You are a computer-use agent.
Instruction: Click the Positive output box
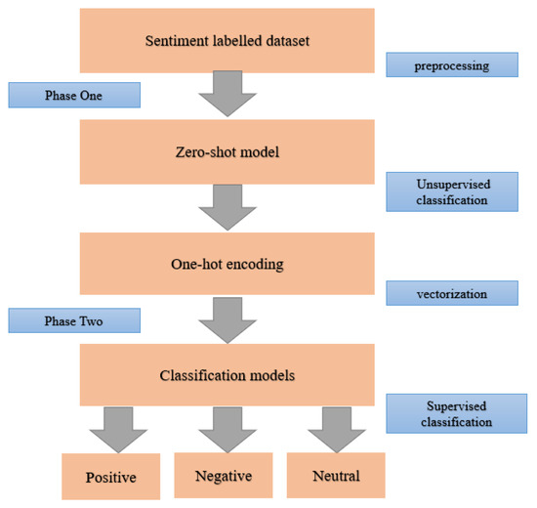click(109, 477)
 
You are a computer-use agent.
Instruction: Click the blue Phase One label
click(75, 95)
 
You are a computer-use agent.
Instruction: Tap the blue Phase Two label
click(75, 319)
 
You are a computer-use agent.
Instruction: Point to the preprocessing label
click(452, 65)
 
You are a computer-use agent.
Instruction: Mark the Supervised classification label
click(452, 414)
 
